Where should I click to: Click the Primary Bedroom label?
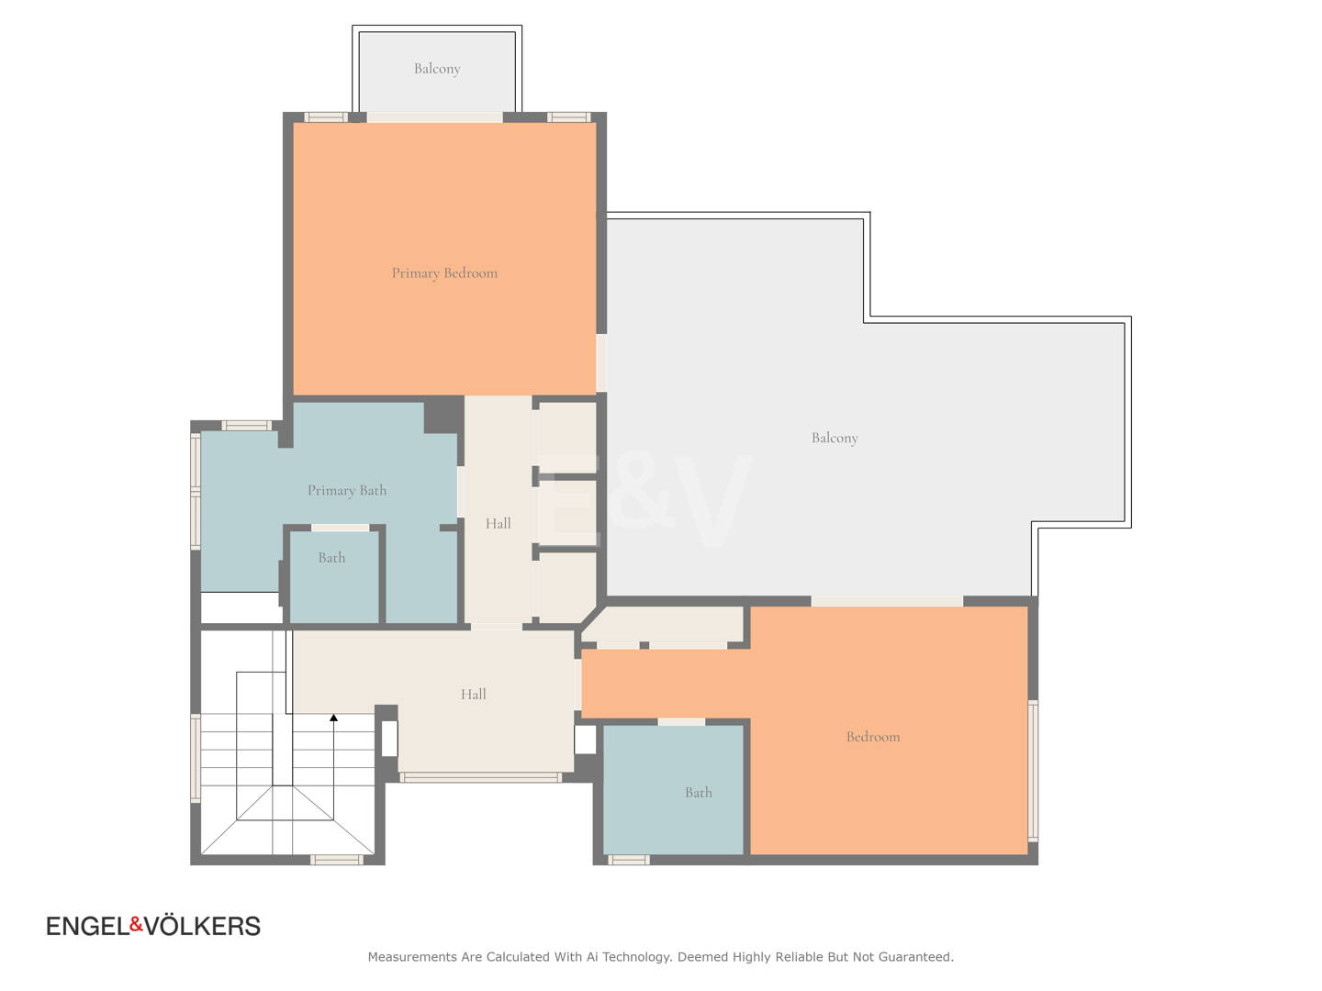point(444,273)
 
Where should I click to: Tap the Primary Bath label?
point(347,490)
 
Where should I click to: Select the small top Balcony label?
point(437,69)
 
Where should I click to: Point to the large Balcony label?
point(835,438)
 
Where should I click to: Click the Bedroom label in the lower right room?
point(873,737)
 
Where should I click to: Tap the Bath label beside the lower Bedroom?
point(698,793)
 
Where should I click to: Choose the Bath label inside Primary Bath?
point(331,558)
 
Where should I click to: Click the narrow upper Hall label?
point(499,523)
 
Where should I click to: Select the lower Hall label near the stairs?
point(474,695)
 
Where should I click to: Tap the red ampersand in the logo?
point(137,924)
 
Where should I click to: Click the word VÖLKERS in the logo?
point(202,926)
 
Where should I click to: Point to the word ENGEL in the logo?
point(88,926)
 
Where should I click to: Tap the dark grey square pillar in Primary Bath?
point(443,415)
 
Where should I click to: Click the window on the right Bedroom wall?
point(1033,770)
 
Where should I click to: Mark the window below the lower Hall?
point(480,777)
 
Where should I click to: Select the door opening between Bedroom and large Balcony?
point(887,601)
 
